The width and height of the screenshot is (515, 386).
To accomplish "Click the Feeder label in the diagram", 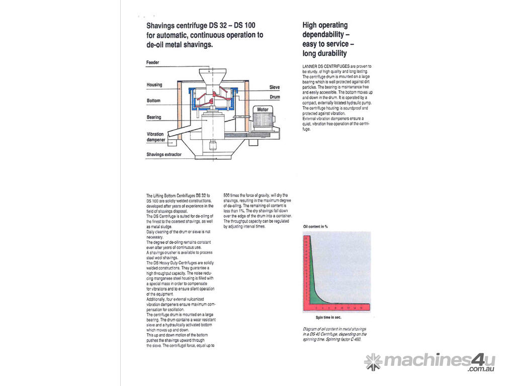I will [x=153, y=62].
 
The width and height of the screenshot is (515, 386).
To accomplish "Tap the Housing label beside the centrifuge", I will [x=154, y=85].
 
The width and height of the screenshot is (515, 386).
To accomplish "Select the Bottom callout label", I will [x=153, y=101].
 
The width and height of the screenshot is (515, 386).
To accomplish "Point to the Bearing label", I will [x=154, y=118].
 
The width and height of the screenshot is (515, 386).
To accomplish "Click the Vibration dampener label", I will [x=155, y=137].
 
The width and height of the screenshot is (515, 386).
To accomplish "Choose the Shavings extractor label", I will [x=164, y=155].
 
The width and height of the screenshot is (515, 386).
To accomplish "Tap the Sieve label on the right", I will [x=274, y=87].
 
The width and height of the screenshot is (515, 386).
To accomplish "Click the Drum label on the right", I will [x=275, y=96].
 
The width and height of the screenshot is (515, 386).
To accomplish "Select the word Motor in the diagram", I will [x=263, y=110].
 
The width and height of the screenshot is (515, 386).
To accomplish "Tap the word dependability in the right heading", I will [x=324, y=35].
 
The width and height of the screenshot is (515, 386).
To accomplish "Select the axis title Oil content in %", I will [x=315, y=227].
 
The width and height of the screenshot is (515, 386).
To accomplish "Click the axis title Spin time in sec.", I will [x=328, y=318].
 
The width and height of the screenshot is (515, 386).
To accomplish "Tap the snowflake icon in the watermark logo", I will [x=373, y=361].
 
